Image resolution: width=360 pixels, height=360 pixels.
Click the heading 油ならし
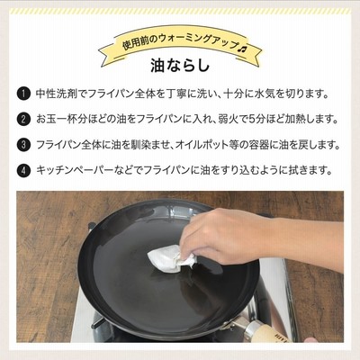[x=180, y=66]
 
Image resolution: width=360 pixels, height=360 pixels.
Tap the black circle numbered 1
[x=23, y=94]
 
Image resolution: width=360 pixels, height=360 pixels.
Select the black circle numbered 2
[x=23, y=120]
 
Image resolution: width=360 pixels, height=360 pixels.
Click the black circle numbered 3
[x=23, y=145]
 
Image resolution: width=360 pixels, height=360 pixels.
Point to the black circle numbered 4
[x=23, y=171]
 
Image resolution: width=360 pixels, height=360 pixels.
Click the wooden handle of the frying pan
[x=273, y=333]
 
